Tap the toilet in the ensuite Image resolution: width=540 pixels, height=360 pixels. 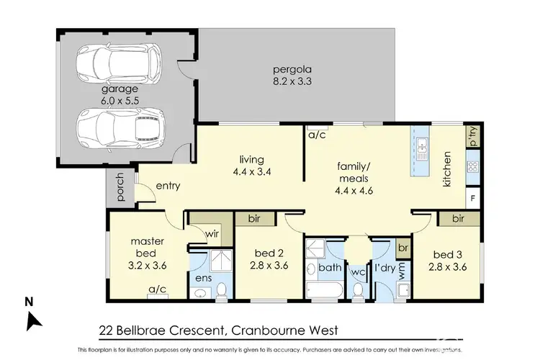(222, 289)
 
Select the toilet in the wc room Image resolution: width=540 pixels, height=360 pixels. (358, 289)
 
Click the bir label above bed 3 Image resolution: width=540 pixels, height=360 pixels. (458, 218)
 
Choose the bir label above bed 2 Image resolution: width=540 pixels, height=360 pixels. (253, 218)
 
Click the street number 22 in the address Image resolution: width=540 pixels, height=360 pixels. (105, 331)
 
